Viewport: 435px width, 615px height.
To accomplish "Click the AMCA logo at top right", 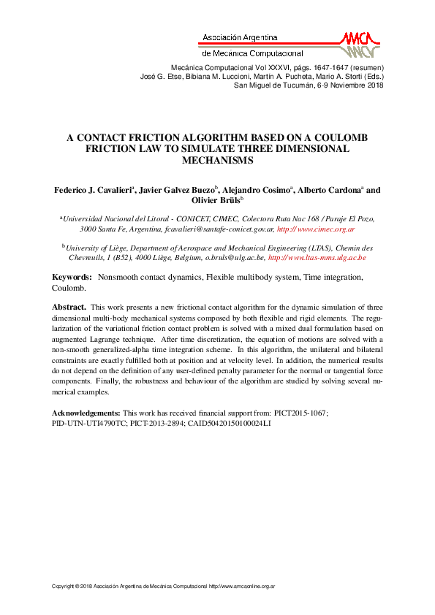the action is click(x=360, y=45).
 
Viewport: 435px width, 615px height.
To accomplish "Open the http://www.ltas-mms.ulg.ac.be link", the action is click(x=317, y=258).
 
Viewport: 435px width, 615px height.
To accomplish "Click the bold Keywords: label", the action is click(x=72, y=278).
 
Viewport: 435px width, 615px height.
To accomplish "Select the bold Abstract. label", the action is click(x=69, y=308).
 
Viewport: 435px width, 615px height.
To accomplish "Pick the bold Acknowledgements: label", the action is click(x=87, y=413).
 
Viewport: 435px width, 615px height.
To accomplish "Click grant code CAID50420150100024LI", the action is click(x=229, y=424).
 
